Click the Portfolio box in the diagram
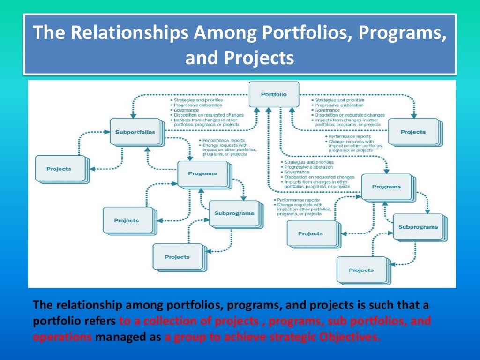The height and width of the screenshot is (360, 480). [x=274, y=95]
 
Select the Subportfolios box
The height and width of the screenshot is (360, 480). [x=135, y=132]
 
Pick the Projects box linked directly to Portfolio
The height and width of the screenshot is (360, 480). [x=413, y=132]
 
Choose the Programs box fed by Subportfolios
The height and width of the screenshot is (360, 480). [x=202, y=173]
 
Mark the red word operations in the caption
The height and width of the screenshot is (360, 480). [x=63, y=336]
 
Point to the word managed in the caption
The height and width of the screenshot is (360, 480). [x=119, y=336]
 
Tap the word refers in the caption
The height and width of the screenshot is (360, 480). [x=101, y=322]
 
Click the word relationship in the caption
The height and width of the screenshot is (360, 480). [x=82, y=305]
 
